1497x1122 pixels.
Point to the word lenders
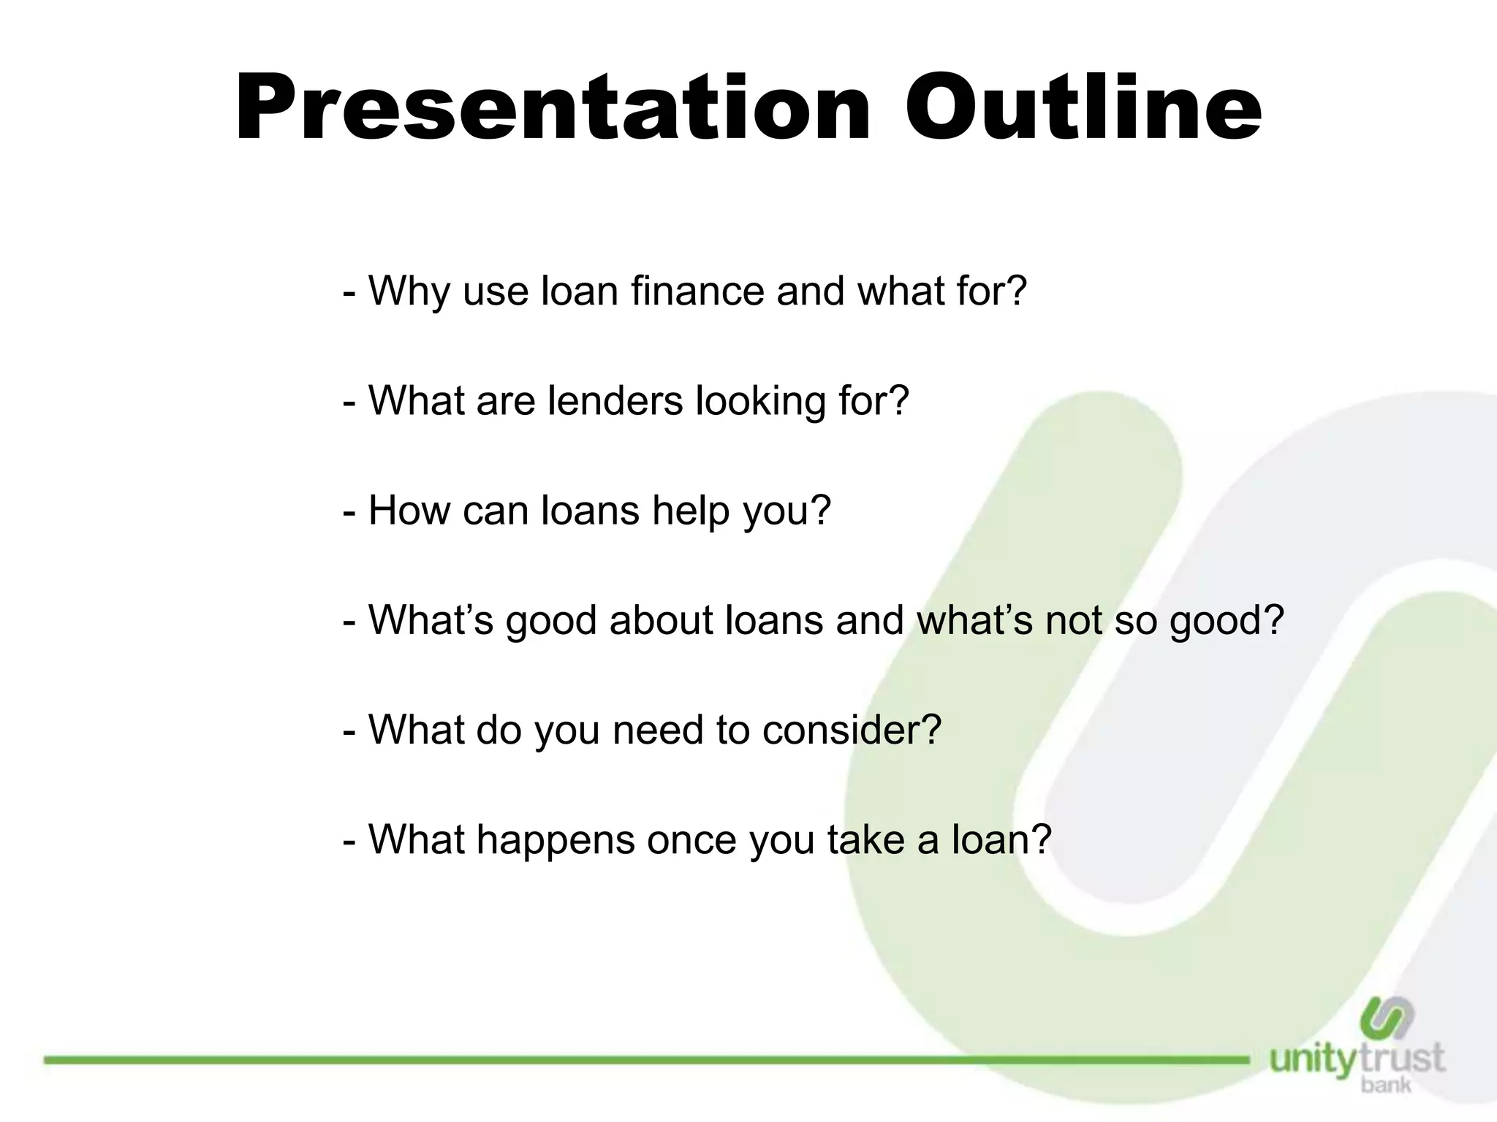point(615,400)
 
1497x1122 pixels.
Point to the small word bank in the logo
point(1386,1085)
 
